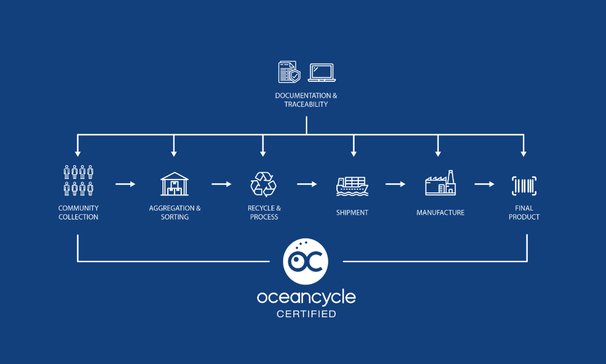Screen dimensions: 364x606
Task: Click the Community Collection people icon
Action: [78, 180]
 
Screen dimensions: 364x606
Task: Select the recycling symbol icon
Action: [264, 184]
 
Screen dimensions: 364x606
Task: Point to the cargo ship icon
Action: [352, 185]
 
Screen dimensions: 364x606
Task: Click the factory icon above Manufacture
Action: [441, 183]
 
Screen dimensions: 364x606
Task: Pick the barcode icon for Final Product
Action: [524, 185]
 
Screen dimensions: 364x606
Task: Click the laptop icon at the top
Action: [322, 73]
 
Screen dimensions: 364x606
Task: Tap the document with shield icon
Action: [288, 72]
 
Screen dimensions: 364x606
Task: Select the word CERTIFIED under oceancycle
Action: [306, 314]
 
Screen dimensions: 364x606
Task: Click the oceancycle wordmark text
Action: [306, 297]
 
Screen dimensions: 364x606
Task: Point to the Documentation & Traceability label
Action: [306, 100]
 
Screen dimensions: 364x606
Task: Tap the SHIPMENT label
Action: [352, 213]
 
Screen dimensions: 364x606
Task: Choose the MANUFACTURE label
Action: [441, 213]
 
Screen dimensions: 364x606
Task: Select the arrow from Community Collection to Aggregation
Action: [125, 184]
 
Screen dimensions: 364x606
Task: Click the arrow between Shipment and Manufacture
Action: [395, 184]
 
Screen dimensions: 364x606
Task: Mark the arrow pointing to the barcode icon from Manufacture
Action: [484, 184]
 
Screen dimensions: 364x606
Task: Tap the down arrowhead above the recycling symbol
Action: [263, 153]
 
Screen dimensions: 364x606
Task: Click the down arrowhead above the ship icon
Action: [354, 153]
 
